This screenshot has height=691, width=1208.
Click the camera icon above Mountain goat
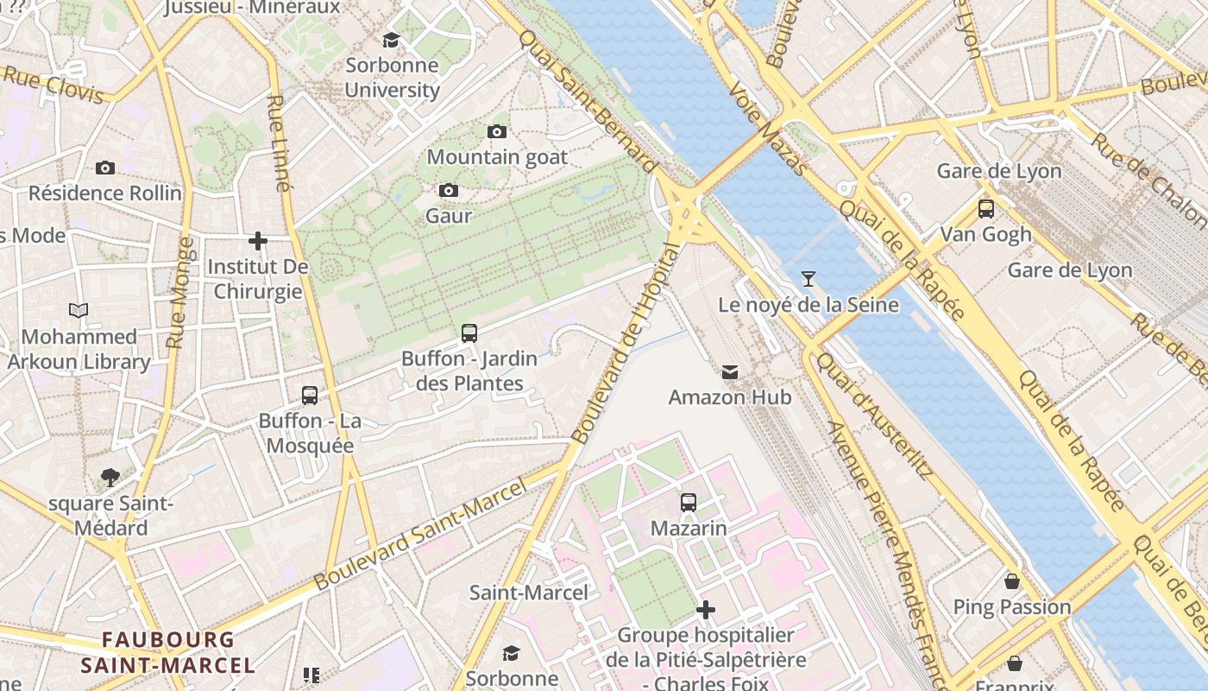[496, 132]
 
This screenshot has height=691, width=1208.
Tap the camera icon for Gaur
[448, 191]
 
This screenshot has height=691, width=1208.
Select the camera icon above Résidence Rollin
[105, 168]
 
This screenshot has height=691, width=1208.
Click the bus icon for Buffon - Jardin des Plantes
[469, 333]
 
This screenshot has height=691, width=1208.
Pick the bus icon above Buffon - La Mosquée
[310, 396]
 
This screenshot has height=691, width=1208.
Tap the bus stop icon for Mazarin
[688, 503]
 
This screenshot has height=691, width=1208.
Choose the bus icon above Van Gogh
[985, 209]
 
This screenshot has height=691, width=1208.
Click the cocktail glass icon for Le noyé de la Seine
[808, 279]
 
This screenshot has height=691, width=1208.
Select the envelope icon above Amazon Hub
[730, 372]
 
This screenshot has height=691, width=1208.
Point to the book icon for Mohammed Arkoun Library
[79, 311]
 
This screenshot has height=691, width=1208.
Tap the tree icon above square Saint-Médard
[110, 477]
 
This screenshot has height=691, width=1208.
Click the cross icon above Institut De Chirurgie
[257, 241]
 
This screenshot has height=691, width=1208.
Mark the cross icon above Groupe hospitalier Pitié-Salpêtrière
[706, 611]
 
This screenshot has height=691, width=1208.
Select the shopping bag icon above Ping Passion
[1012, 581]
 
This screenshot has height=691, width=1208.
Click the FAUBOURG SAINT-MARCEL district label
[168, 653]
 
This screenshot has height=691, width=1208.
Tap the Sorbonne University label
[392, 78]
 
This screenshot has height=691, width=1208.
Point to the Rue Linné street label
[277, 143]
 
